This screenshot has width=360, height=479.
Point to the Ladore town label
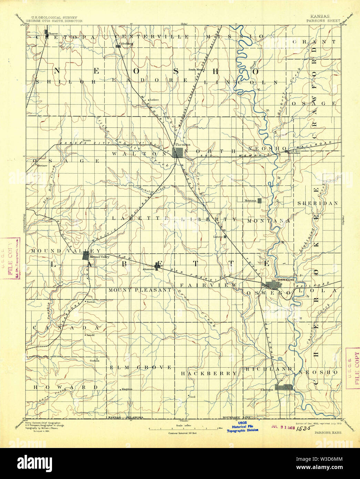pyautogui.click(x=154, y=100)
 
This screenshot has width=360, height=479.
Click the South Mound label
pyautogui.click(x=196, y=69)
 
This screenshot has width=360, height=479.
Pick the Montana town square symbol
pyautogui.click(x=260, y=200)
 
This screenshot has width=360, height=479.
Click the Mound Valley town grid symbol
pyautogui.click(x=86, y=255)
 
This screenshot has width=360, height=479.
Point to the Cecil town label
pyautogui.click(x=192, y=397)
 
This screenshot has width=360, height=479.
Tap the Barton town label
pyautogui.click(x=91, y=302)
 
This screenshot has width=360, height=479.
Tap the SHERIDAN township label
pyautogui.click(x=318, y=203)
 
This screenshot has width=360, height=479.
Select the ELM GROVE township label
pyautogui.click(x=140, y=368)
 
